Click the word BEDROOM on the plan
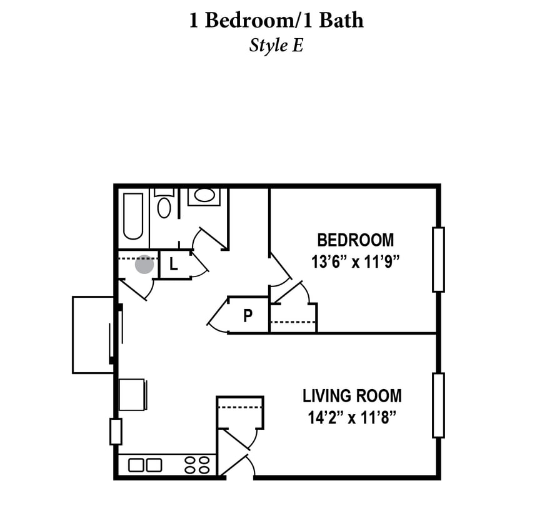point(355,240)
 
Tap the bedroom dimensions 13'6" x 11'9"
point(355,261)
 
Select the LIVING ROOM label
point(352,396)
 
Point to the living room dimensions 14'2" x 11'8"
point(352,417)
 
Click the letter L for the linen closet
point(174,264)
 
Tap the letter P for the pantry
point(248,316)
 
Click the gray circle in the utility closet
point(144,264)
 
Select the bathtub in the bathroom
point(133,216)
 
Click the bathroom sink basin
point(204,195)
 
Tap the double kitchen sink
point(145,465)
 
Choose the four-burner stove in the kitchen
point(196,465)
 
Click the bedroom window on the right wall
point(438,260)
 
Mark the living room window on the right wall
point(438,405)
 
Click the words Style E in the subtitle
point(276,46)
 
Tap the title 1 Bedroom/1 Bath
point(276,21)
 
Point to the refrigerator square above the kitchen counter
point(132,395)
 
